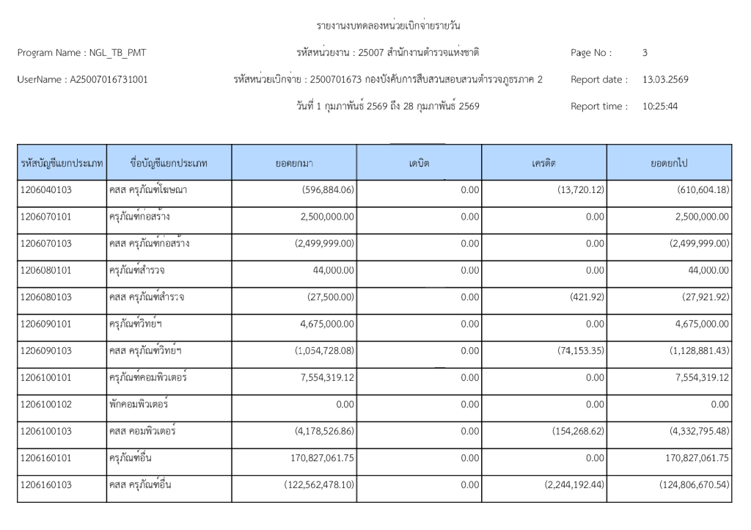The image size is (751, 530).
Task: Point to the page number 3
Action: [x=645, y=53]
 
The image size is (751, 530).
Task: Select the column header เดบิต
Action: [x=419, y=163]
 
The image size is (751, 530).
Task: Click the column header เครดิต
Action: [x=544, y=163]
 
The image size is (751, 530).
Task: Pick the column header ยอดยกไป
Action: [x=669, y=163]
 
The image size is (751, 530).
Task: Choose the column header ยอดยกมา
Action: [x=294, y=163]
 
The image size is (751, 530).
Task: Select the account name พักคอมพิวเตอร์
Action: [x=138, y=404]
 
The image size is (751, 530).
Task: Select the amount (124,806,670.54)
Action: [x=684, y=484]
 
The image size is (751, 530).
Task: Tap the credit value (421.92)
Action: [x=588, y=297]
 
